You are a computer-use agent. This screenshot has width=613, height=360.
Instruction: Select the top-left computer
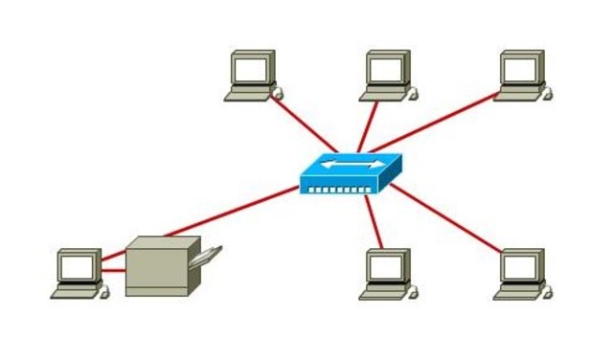point(253,76)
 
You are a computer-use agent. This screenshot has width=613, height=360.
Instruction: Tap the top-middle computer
point(388,76)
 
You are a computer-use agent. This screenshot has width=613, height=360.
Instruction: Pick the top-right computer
point(523,76)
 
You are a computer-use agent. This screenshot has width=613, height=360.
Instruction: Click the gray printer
point(161,265)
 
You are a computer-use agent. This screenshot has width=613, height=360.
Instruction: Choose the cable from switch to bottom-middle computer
point(375,222)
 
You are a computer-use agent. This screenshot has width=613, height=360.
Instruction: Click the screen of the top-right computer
point(521,69)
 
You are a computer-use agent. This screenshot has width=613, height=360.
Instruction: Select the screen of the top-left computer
point(251,69)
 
